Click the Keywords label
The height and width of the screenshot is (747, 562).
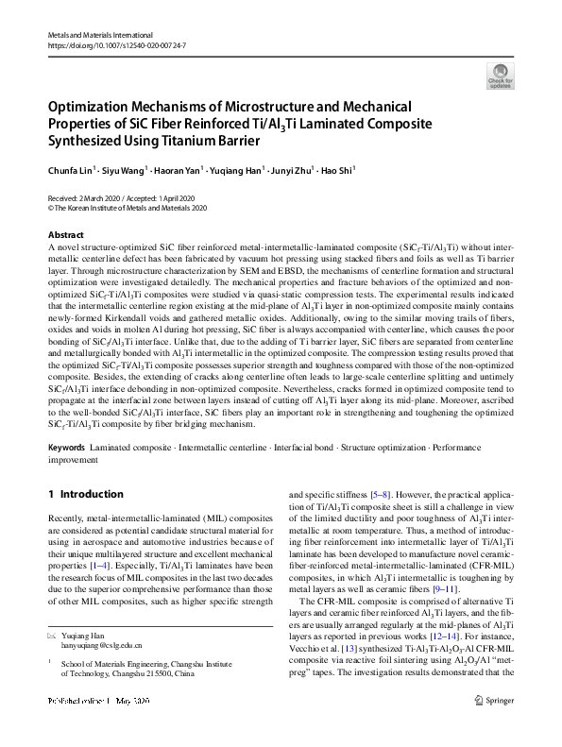coord(67,447)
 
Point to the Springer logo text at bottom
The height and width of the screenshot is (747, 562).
coord(495,727)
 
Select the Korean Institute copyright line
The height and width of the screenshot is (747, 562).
coord(127,208)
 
